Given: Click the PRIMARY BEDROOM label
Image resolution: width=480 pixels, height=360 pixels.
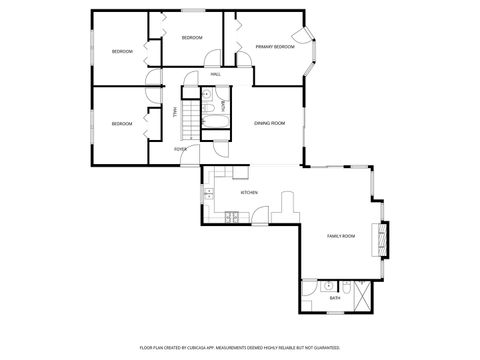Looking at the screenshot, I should pos(274,46).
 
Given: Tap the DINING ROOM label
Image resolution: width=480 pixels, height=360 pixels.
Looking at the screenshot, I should pos(269,122).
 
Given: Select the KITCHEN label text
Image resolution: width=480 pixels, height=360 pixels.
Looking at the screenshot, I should pos(249,192).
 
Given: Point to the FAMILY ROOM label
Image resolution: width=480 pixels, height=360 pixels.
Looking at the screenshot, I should pos(341,236).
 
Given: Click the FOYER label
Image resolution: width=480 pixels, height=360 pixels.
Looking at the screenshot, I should pos(180,149).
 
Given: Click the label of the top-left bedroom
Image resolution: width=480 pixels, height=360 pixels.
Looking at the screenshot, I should pos(122,50).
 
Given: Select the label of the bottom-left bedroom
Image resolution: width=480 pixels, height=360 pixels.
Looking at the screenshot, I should pos(122,123).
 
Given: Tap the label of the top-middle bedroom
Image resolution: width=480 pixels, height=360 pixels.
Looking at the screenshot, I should pos(192,38).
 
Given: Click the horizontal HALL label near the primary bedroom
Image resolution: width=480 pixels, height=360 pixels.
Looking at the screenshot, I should pos(215,75).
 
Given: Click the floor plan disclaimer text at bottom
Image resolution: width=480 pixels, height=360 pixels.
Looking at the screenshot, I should pos(239,347).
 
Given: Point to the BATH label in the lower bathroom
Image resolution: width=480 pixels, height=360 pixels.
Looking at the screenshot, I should pos(336,298).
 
